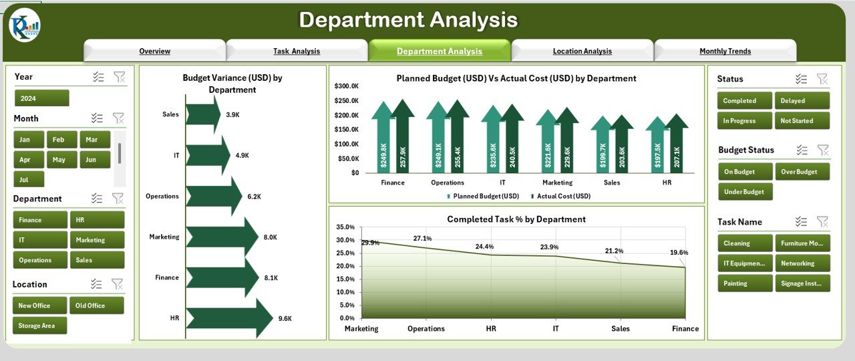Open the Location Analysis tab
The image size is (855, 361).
(x=582, y=51)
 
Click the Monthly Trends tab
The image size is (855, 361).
(x=725, y=51)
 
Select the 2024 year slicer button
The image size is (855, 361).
(x=41, y=98)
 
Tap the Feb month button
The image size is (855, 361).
(x=59, y=140)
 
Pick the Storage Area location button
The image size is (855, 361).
(x=39, y=326)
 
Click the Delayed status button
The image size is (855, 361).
(x=802, y=101)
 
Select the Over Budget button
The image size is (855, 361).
(x=802, y=172)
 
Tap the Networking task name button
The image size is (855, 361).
(x=802, y=263)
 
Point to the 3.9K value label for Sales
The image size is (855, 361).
(x=232, y=115)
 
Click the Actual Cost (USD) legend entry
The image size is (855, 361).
(x=560, y=197)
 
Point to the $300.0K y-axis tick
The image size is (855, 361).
(x=347, y=86)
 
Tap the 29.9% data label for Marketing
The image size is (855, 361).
(x=370, y=243)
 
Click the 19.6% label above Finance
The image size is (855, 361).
(x=679, y=253)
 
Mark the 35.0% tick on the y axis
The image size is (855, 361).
(x=345, y=227)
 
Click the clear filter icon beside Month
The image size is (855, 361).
(x=118, y=118)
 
